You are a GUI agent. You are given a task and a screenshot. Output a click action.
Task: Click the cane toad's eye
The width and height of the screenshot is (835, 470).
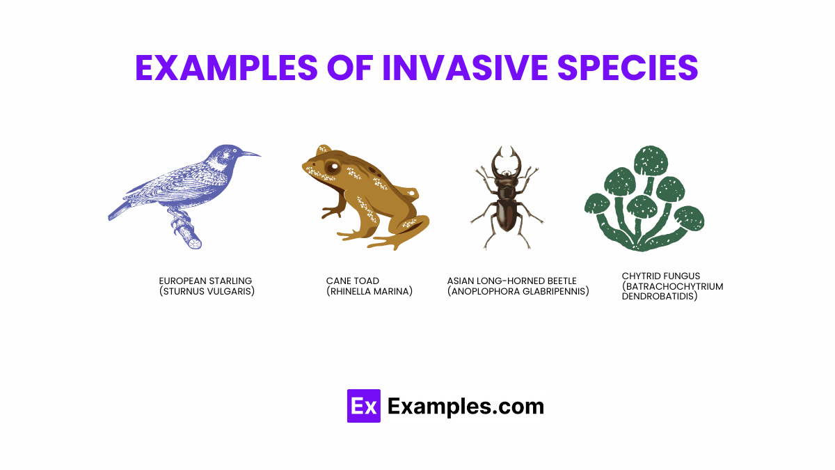click(x=333, y=167)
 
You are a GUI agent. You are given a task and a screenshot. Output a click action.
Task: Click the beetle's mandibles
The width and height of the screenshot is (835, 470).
click(x=506, y=159)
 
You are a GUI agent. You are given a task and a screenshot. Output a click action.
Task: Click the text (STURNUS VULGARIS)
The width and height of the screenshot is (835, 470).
click(x=207, y=292)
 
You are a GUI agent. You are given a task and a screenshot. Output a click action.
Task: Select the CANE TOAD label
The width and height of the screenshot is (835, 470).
click(x=352, y=281)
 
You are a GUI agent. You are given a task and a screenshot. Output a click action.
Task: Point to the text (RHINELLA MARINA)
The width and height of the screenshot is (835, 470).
click(x=369, y=292)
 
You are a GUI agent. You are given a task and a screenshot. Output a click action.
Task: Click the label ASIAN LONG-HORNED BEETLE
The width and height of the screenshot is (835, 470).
click(x=511, y=281)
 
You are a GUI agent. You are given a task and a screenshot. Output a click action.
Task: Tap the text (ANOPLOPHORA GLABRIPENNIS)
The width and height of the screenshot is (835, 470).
click(x=518, y=292)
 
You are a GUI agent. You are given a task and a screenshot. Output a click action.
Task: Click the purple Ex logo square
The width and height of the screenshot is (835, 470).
click(x=363, y=406)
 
